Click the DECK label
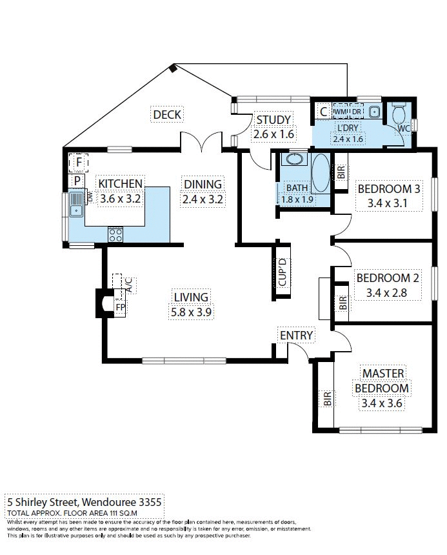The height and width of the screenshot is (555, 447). [x=167, y=115]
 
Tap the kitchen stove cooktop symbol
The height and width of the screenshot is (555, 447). [x=116, y=234]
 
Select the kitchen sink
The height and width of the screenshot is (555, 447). [x=77, y=204]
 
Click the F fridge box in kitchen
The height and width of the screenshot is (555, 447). [x=78, y=161]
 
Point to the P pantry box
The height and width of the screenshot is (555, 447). [x=77, y=181]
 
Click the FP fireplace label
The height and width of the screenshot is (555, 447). [x=119, y=307]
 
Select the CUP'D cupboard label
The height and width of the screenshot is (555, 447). [x=281, y=272]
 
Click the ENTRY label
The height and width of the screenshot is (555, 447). [x=296, y=336]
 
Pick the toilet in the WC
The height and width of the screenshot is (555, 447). [x=400, y=115]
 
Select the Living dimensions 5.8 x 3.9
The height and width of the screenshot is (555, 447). [x=191, y=312]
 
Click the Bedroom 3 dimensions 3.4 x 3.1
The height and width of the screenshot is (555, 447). [x=388, y=204]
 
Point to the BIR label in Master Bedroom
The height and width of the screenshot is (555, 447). [x=327, y=399]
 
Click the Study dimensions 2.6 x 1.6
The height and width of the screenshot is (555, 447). [x=273, y=134]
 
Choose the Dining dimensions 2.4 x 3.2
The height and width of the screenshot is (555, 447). [x=203, y=199]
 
